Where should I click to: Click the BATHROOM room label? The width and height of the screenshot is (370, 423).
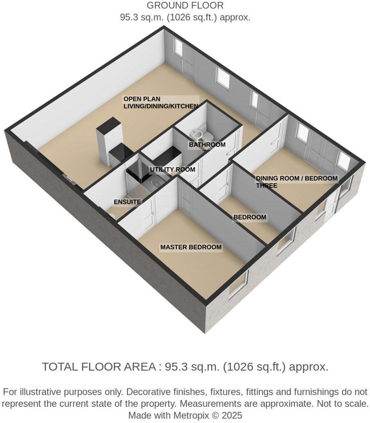point(207,145)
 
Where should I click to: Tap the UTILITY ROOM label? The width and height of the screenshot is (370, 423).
point(172,169)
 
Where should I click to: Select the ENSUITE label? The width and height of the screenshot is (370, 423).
point(127,202)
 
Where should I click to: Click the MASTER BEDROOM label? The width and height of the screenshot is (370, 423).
point(191,247)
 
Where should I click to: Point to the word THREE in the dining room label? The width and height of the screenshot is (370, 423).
point(266,185)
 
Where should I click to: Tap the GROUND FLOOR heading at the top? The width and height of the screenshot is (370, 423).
point(185,6)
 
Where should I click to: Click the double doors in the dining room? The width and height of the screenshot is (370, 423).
point(321,152)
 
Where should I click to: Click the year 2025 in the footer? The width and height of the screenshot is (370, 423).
point(232,415)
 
